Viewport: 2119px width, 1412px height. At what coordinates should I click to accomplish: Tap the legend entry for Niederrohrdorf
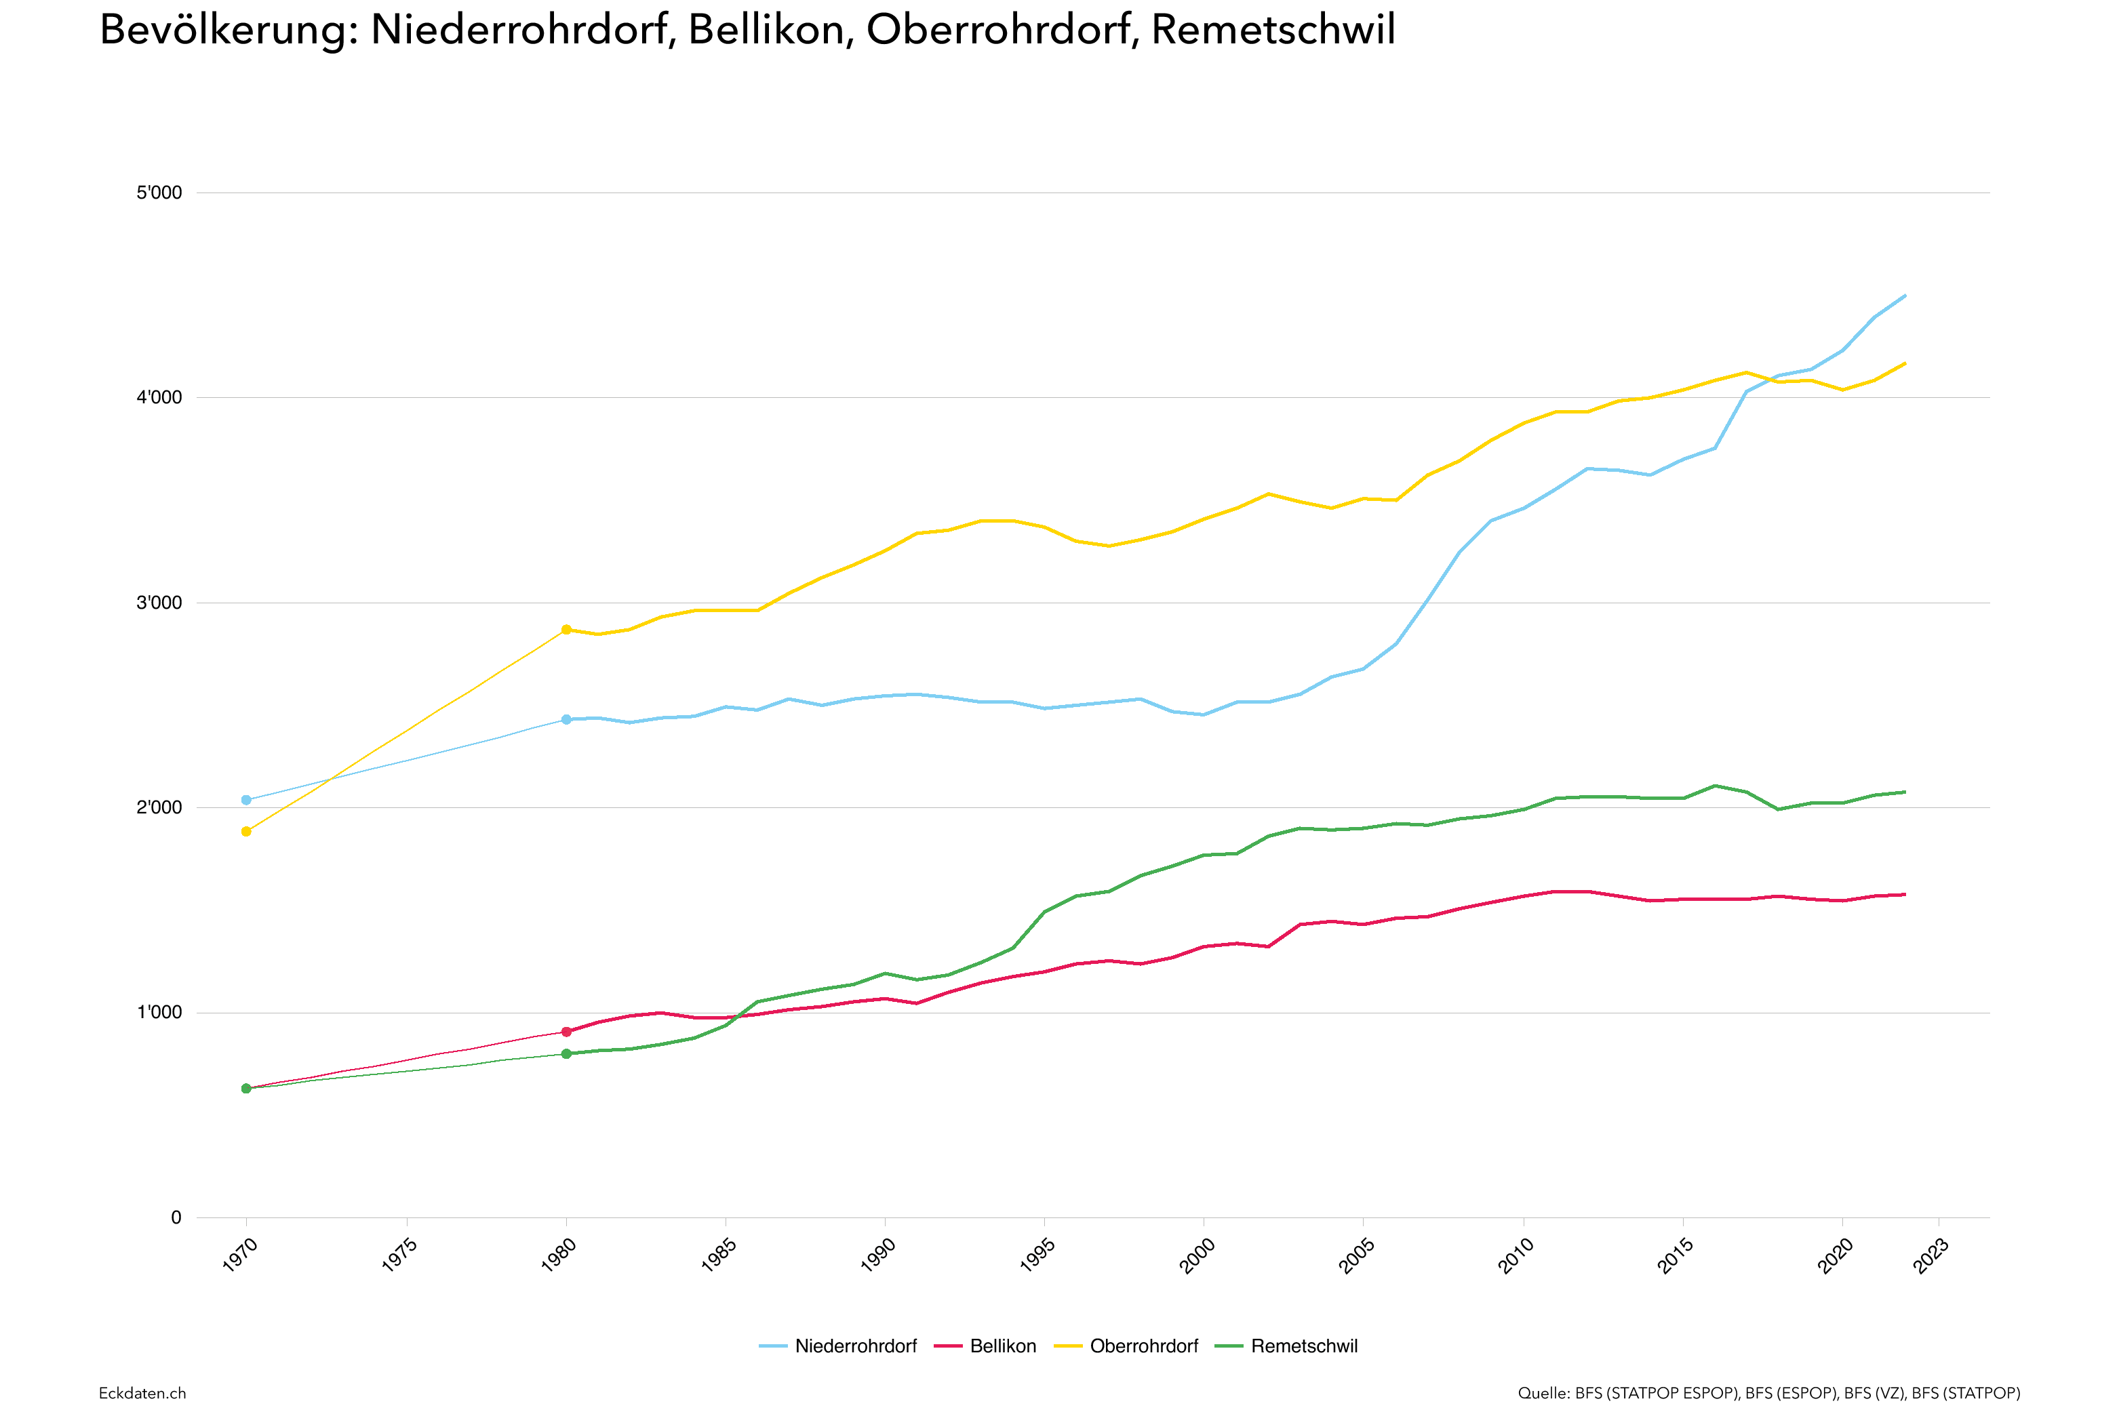click(854, 1346)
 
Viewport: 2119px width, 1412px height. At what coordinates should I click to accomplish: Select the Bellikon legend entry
click(1002, 1346)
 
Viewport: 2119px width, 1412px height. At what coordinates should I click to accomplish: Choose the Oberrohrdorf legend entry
click(1143, 1346)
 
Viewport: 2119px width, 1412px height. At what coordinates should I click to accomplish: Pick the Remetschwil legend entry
click(1303, 1346)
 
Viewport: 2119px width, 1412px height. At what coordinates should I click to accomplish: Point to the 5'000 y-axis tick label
click(159, 193)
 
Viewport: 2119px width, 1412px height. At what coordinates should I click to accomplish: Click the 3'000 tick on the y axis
click(159, 603)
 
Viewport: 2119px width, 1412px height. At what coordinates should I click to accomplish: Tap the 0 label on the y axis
click(176, 1217)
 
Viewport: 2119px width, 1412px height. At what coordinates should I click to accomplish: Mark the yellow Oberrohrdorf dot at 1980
click(566, 630)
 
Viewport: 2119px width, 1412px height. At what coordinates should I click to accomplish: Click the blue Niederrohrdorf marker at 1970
click(246, 800)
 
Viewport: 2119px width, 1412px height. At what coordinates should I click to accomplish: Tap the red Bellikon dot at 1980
click(566, 1032)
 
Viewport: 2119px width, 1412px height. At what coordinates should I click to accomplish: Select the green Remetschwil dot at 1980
click(566, 1053)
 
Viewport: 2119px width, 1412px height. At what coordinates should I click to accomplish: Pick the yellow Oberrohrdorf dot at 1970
click(246, 831)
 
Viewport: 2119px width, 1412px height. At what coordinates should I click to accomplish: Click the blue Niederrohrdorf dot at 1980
click(566, 719)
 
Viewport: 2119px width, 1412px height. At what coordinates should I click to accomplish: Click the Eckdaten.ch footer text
click(142, 1393)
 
